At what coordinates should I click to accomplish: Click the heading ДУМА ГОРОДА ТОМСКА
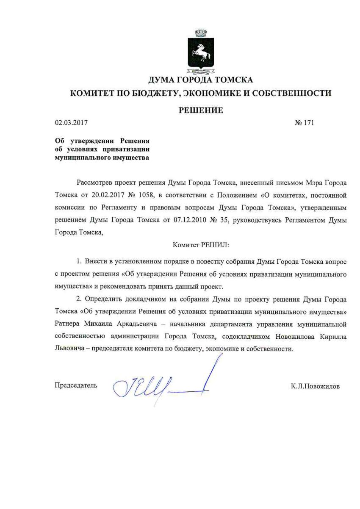pos(200,80)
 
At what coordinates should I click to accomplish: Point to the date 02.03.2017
pos(71,123)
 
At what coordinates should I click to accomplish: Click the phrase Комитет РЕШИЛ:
pos(200,244)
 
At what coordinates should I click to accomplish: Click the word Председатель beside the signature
pos(76,385)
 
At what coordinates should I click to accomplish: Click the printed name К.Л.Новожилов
pos(315,386)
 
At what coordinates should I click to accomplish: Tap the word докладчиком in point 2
pos(144,299)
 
